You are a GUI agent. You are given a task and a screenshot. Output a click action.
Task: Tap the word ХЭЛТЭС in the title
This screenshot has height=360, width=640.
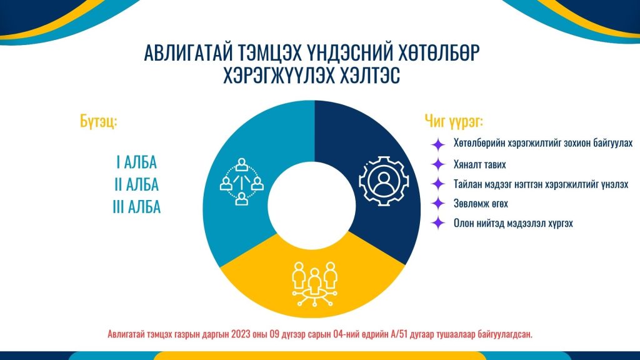click(366, 75)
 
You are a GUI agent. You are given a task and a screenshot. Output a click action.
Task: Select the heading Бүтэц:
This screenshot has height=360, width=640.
click(98, 121)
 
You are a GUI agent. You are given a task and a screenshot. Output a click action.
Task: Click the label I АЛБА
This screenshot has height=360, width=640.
click(136, 162)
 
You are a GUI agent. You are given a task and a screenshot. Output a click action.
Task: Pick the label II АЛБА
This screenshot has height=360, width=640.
click(136, 184)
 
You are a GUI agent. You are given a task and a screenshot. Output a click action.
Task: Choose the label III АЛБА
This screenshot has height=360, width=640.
click(136, 207)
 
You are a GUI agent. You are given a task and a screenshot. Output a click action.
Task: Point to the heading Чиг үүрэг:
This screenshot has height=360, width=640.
click(454, 121)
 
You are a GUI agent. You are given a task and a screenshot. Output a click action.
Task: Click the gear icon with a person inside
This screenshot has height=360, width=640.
click(384, 181)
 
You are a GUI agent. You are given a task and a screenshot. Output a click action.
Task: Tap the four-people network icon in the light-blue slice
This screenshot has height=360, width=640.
click(242, 182)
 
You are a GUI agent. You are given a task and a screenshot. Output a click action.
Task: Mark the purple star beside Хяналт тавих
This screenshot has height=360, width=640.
click(438, 164)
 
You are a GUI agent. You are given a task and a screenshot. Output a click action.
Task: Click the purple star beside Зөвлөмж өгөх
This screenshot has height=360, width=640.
click(438, 203)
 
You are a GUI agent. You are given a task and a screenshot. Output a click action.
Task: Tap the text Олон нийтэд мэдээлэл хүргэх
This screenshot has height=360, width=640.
click(513, 223)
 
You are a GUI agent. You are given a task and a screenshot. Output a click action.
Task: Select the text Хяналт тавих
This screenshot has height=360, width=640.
click(479, 164)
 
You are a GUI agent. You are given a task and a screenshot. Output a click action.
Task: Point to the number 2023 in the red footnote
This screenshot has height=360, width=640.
click(240, 334)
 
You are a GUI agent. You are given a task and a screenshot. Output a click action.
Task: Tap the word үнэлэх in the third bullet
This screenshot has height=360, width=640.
click(615, 184)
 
